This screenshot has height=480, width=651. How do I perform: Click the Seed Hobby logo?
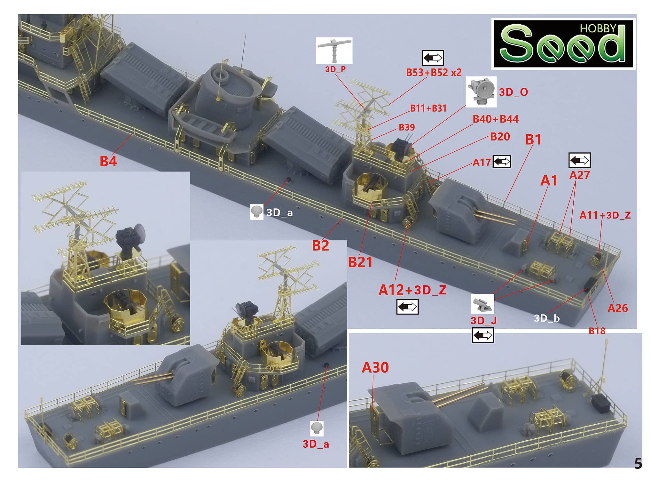pos(563,44)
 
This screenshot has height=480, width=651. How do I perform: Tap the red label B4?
pos(108,161)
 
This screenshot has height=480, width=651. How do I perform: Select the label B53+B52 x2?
pos(434,73)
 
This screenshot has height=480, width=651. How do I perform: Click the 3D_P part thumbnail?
pos(334,51)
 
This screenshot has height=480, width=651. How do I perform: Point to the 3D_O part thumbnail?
pos(481,92)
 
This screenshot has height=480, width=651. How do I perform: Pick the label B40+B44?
pos(496,119)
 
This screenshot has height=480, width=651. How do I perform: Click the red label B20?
pos(500,137)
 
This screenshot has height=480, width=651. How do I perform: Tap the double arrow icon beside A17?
pos(502,162)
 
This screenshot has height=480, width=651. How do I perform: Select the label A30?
pos(375,368)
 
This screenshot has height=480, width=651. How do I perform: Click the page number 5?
pos(638,463)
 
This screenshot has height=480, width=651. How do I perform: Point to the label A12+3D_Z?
pos(412,290)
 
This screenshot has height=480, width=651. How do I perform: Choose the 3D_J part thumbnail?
pos(482,304)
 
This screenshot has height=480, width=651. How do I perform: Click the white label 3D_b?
pos(547,318)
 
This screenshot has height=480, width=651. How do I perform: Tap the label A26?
pos(618,308)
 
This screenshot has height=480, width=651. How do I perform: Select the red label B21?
pos(360,262)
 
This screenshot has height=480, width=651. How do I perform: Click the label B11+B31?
pos(428,108)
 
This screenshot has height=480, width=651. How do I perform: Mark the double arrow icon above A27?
pos(579,160)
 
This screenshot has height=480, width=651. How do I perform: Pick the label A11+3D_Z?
pos(605,215)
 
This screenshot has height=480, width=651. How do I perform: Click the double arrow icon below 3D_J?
pos(483,335)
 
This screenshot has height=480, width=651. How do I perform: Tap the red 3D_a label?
pos(316,444)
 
